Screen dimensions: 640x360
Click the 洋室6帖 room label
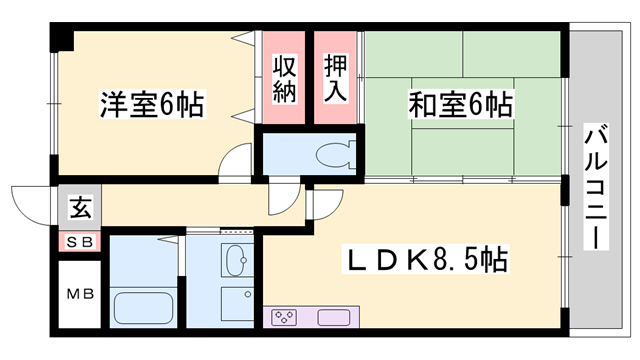[152, 105]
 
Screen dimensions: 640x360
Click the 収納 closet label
[284, 79]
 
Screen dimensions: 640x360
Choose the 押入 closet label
[336, 79]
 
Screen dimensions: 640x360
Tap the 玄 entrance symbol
[78, 208]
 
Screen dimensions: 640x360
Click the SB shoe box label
[78, 242]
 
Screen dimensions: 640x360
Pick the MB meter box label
[78, 295]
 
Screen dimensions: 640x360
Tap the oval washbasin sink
[237, 262]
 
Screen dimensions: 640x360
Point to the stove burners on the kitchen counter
[283, 319]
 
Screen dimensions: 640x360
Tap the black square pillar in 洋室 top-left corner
[64, 41]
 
